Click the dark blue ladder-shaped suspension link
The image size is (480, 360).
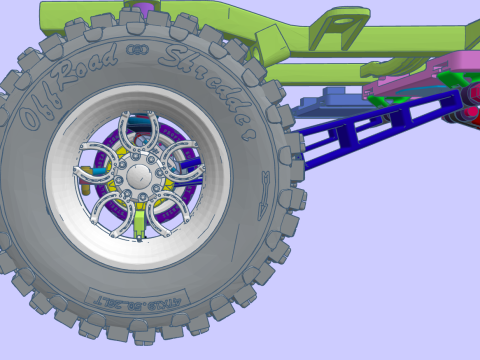pos(380,125)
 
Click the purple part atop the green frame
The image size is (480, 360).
pos(147,9)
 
